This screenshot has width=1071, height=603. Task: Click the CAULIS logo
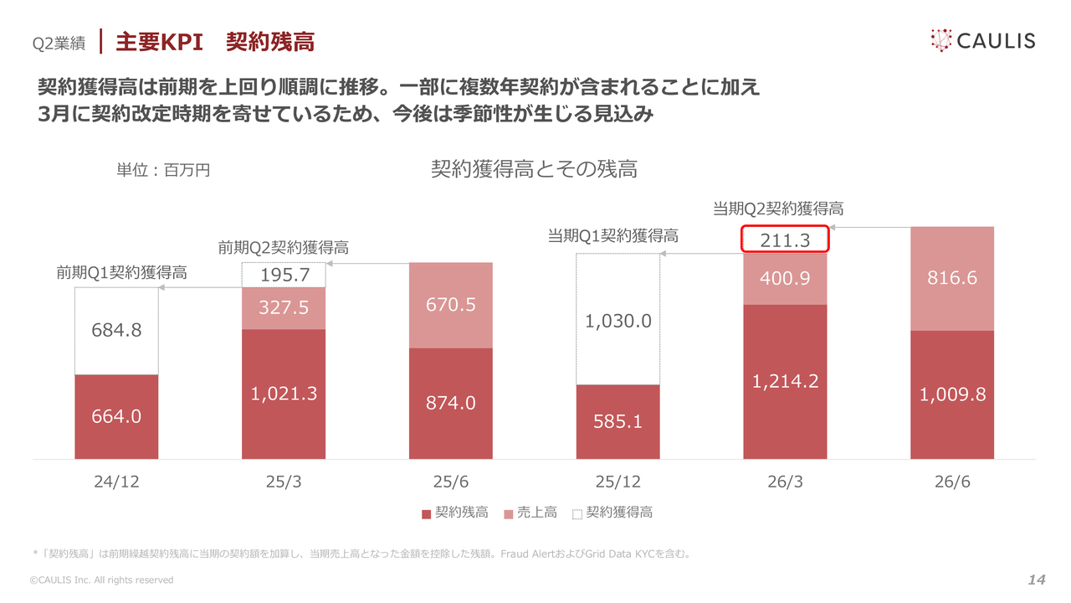point(983,41)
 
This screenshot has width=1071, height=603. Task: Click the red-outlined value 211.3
point(785,239)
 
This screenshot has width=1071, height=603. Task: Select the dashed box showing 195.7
point(284,275)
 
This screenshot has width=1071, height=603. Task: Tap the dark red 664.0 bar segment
point(116,417)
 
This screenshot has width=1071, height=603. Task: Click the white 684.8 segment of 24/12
point(116,331)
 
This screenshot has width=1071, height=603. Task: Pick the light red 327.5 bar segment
point(284,308)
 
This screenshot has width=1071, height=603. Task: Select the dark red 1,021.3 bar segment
point(284,394)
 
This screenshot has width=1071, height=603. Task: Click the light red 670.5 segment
point(450,305)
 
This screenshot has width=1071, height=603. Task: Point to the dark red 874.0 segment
point(450,404)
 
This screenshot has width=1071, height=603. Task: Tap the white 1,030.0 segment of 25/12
point(617,319)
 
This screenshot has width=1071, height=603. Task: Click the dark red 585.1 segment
point(617,421)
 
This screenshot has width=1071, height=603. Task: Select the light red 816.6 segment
point(952,279)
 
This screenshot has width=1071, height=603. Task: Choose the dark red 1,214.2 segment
point(785,382)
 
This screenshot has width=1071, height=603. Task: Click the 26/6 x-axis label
point(952,482)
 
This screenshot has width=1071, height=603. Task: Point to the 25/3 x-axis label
point(284,482)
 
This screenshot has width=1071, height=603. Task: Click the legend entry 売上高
point(530,513)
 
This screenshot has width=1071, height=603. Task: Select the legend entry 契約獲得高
point(612,513)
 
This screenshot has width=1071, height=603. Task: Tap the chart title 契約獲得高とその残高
point(534,169)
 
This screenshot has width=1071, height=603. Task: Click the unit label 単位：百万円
point(163,170)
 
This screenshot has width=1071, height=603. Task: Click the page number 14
point(1037,580)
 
